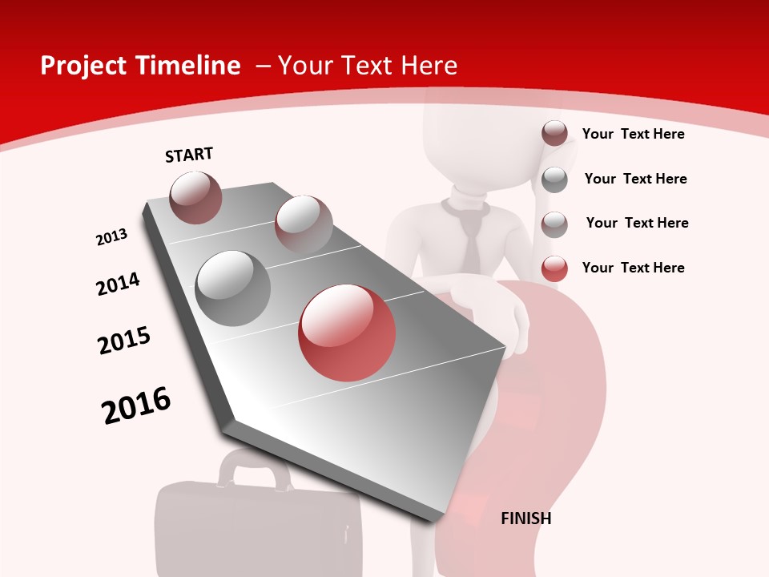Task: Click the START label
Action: [x=189, y=155]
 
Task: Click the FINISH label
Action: [x=525, y=518]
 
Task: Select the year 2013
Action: [x=111, y=237]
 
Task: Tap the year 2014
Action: [x=118, y=284]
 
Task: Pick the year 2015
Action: [x=124, y=340]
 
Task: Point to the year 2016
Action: [x=136, y=405]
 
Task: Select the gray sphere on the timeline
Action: [x=233, y=288]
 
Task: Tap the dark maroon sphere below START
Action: [x=195, y=197]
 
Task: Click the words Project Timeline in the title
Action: [x=140, y=66]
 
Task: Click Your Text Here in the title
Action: [x=367, y=66]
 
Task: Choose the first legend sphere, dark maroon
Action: [x=554, y=134]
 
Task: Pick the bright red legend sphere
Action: [x=554, y=268]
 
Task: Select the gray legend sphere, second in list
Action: [x=554, y=180]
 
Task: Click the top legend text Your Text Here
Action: [x=633, y=134]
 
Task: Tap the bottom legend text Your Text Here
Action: [x=633, y=268]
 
